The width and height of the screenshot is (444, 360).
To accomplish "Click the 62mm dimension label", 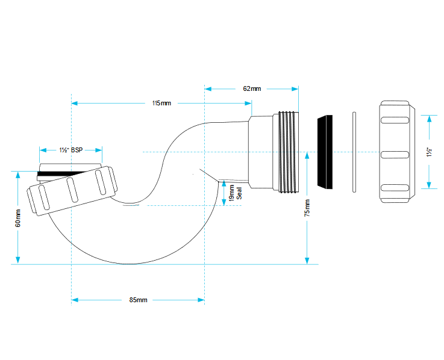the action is pyautogui.click(x=252, y=88).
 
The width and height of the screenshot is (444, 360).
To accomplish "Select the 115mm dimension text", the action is pyautogui.click(x=161, y=103).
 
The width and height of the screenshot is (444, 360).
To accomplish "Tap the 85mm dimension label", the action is pyautogui.click(x=138, y=300).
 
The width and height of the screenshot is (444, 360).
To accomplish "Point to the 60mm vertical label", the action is pyautogui.click(x=18, y=218).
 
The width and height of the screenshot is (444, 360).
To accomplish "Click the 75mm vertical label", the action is pyautogui.click(x=307, y=208).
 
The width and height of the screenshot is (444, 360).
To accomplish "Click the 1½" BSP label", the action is pyautogui.click(x=71, y=150).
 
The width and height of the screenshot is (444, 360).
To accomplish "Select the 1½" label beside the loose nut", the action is pyautogui.click(x=430, y=152).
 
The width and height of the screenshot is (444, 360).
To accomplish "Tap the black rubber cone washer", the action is pyautogui.click(x=325, y=152).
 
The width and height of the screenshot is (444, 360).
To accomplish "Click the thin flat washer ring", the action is pyautogui.click(x=354, y=152).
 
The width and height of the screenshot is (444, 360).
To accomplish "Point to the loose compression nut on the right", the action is pyautogui.click(x=397, y=152).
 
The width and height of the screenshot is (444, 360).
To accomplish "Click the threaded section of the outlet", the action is pyautogui.click(x=289, y=152).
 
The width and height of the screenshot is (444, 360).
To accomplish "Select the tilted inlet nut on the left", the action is pyautogui.click(x=72, y=191).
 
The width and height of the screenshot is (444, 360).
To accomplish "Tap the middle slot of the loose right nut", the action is pyautogui.click(x=395, y=155).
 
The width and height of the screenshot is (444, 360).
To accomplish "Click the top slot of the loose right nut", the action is pyautogui.click(x=395, y=120).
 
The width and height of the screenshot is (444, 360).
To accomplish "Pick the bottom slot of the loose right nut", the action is pyautogui.click(x=395, y=188).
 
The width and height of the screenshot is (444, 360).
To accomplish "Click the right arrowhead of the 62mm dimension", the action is pyautogui.click(x=295, y=89).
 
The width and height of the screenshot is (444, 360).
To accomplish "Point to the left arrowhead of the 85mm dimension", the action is pyautogui.click(x=75, y=300).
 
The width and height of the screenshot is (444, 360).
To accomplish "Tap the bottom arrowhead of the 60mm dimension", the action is pyautogui.click(x=18, y=260).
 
